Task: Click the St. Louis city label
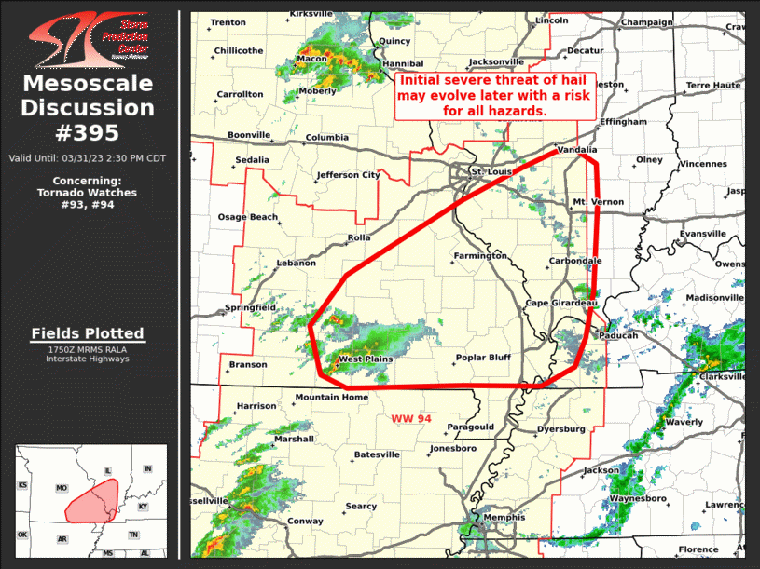click(491, 171)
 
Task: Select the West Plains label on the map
click(366, 359)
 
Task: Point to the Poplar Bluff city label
click(483, 358)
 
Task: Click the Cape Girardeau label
click(560, 304)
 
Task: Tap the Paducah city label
click(618, 335)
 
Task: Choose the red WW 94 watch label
click(411, 419)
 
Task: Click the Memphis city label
click(504, 517)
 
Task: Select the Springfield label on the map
click(250, 307)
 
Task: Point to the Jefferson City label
click(349, 174)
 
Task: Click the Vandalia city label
click(576, 149)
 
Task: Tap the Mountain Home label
click(332, 398)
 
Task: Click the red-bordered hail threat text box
click(497, 96)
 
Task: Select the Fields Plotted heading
click(88, 333)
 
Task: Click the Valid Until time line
click(88, 157)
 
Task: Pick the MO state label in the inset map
click(62, 488)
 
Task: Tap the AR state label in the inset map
click(62, 538)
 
